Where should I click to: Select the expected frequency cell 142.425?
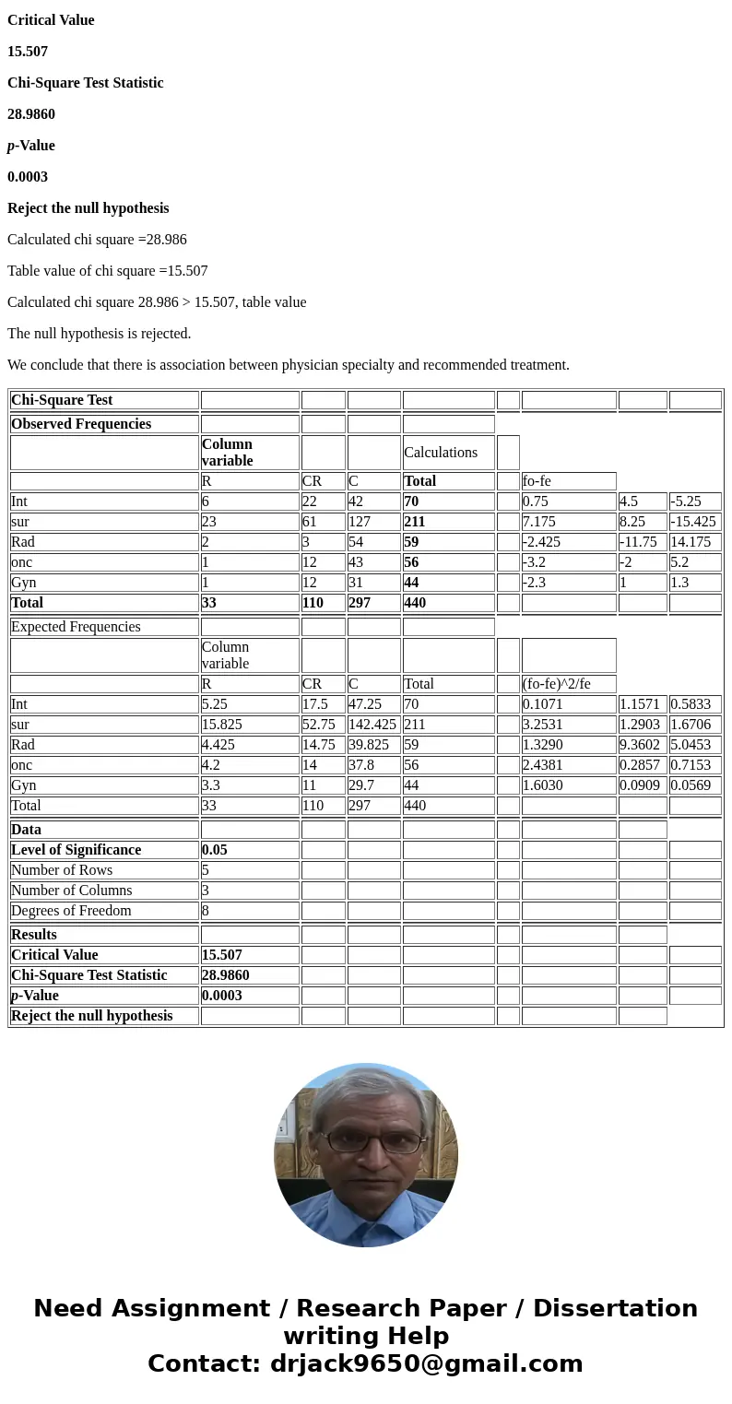[372, 724]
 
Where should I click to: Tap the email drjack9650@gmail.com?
[426, 1363]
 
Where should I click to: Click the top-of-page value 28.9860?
[31, 113]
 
